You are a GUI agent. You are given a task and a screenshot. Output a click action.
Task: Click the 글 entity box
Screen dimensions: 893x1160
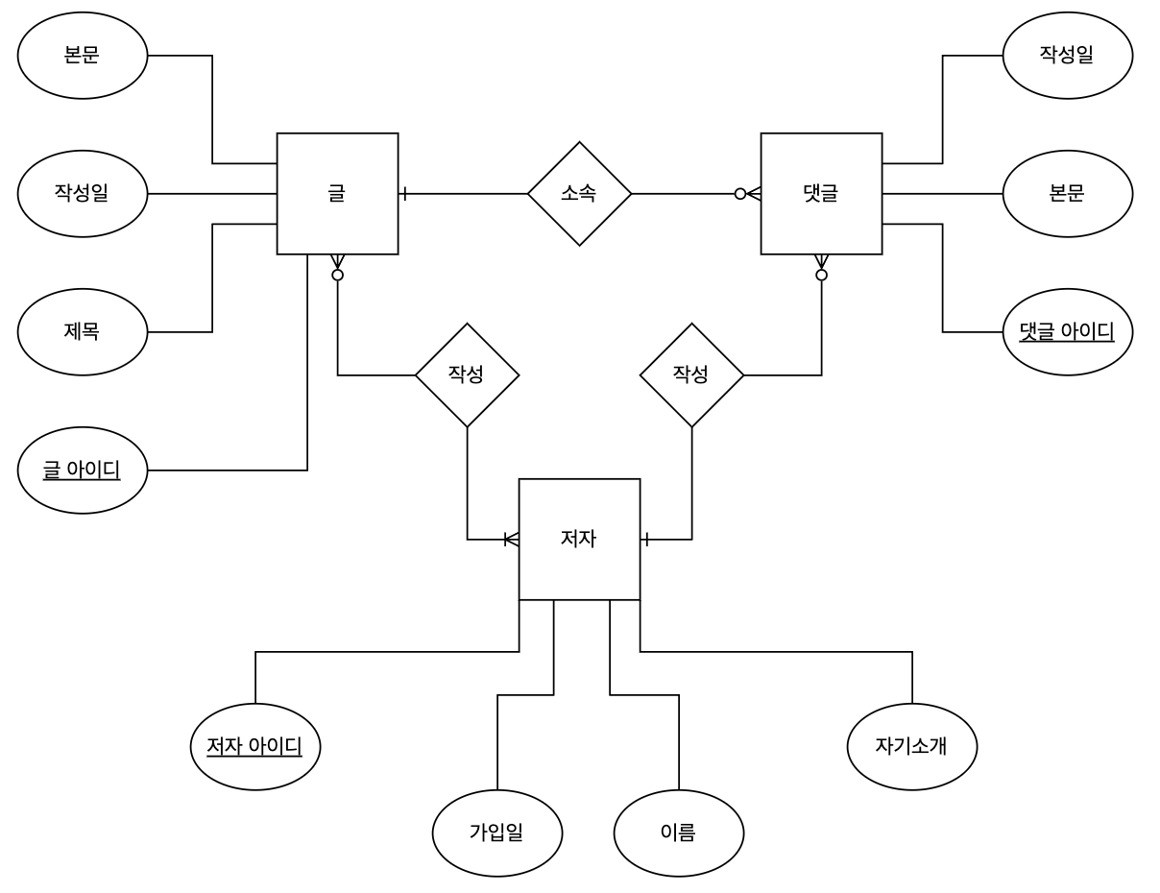[x=337, y=194]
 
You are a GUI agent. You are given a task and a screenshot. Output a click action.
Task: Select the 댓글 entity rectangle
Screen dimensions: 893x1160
[x=821, y=194]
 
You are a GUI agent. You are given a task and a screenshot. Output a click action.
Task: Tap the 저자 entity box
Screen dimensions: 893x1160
[x=579, y=539]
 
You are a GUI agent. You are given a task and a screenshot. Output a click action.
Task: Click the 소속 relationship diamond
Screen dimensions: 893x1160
[x=579, y=194]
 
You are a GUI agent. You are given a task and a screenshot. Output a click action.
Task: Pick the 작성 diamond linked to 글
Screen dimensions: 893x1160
[x=467, y=374]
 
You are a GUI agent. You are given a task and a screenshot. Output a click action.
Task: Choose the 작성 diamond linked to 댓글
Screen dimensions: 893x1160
[x=691, y=374]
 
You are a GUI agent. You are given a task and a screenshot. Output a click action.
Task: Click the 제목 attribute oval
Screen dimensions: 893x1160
[x=83, y=332]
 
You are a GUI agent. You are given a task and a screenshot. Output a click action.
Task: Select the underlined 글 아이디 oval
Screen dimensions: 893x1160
[x=83, y=471]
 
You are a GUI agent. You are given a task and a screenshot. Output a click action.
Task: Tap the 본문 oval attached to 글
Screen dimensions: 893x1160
[x=83, y=55]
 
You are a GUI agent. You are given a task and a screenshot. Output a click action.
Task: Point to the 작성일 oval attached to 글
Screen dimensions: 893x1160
[x=83, y=193]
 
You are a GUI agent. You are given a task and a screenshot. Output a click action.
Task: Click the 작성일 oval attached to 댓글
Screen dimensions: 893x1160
[x=1067, y=55]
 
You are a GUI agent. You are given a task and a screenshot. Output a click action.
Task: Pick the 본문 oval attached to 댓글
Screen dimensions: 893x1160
[x=1067, y=193]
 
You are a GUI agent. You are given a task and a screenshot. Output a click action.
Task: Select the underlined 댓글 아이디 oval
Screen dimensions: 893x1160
[x=1067, y=332]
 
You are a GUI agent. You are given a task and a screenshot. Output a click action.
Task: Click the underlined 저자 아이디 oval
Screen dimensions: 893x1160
[x=255, y=746]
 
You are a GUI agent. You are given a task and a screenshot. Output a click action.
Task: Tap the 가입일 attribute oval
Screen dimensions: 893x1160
[x=497, y=833]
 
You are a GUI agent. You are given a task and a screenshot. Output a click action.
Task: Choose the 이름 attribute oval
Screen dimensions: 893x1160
[x=678, y=833]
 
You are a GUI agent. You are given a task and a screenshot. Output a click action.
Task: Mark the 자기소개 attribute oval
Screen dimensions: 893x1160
[x=912, y=746]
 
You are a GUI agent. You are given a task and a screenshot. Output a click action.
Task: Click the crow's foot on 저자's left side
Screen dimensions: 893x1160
[x=511, y=540]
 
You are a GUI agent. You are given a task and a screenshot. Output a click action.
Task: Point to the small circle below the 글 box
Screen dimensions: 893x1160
[x=337, y=276]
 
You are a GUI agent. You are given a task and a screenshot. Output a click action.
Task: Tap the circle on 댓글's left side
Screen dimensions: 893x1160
[x=740, y=194]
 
